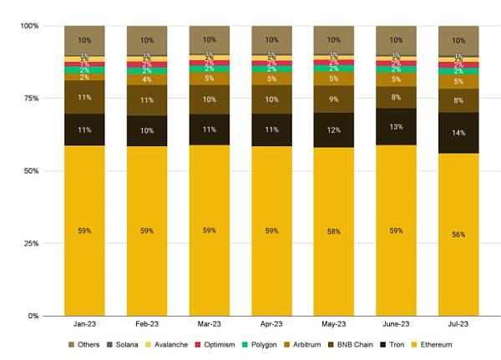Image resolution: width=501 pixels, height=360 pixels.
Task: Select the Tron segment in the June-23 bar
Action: (396, 127)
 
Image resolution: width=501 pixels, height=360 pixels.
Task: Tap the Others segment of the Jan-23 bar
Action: (84, 40)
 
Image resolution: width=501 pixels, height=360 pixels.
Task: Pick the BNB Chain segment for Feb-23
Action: (147, 100)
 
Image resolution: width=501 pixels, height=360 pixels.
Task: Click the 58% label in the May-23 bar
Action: (334, 231)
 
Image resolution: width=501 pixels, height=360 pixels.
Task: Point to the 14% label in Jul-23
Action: (458, 133)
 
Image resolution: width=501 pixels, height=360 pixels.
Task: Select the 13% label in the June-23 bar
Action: (396, 127)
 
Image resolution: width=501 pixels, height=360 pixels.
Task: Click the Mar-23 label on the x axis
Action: (209, 323)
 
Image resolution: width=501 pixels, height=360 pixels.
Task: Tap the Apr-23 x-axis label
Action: (271, 323)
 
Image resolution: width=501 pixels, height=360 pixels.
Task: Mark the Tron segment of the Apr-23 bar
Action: (271, 129)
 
